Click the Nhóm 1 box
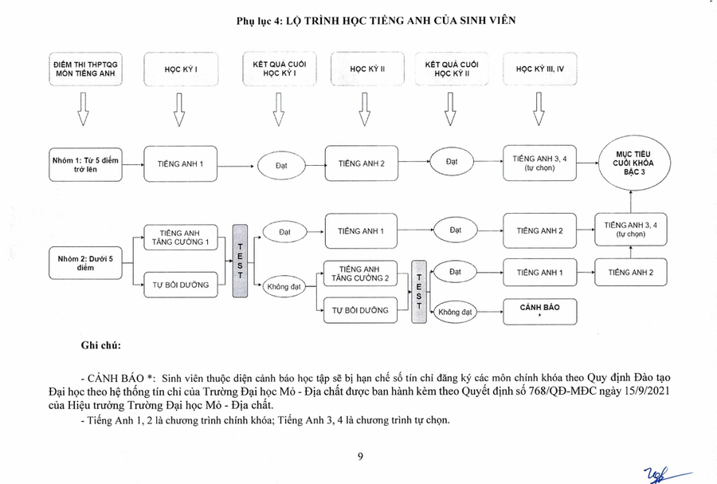[x=85, y=164]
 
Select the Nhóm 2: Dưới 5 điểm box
[x=85, y=263]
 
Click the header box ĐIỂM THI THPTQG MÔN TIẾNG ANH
[x=84, y=69]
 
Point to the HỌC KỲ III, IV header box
[x=540, y=69]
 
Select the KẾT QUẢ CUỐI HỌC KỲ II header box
[x=450, y=69]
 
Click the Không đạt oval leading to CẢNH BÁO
[x=456, y=312]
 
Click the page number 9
[x=360, y=457]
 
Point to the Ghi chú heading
[x=100, y=345]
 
